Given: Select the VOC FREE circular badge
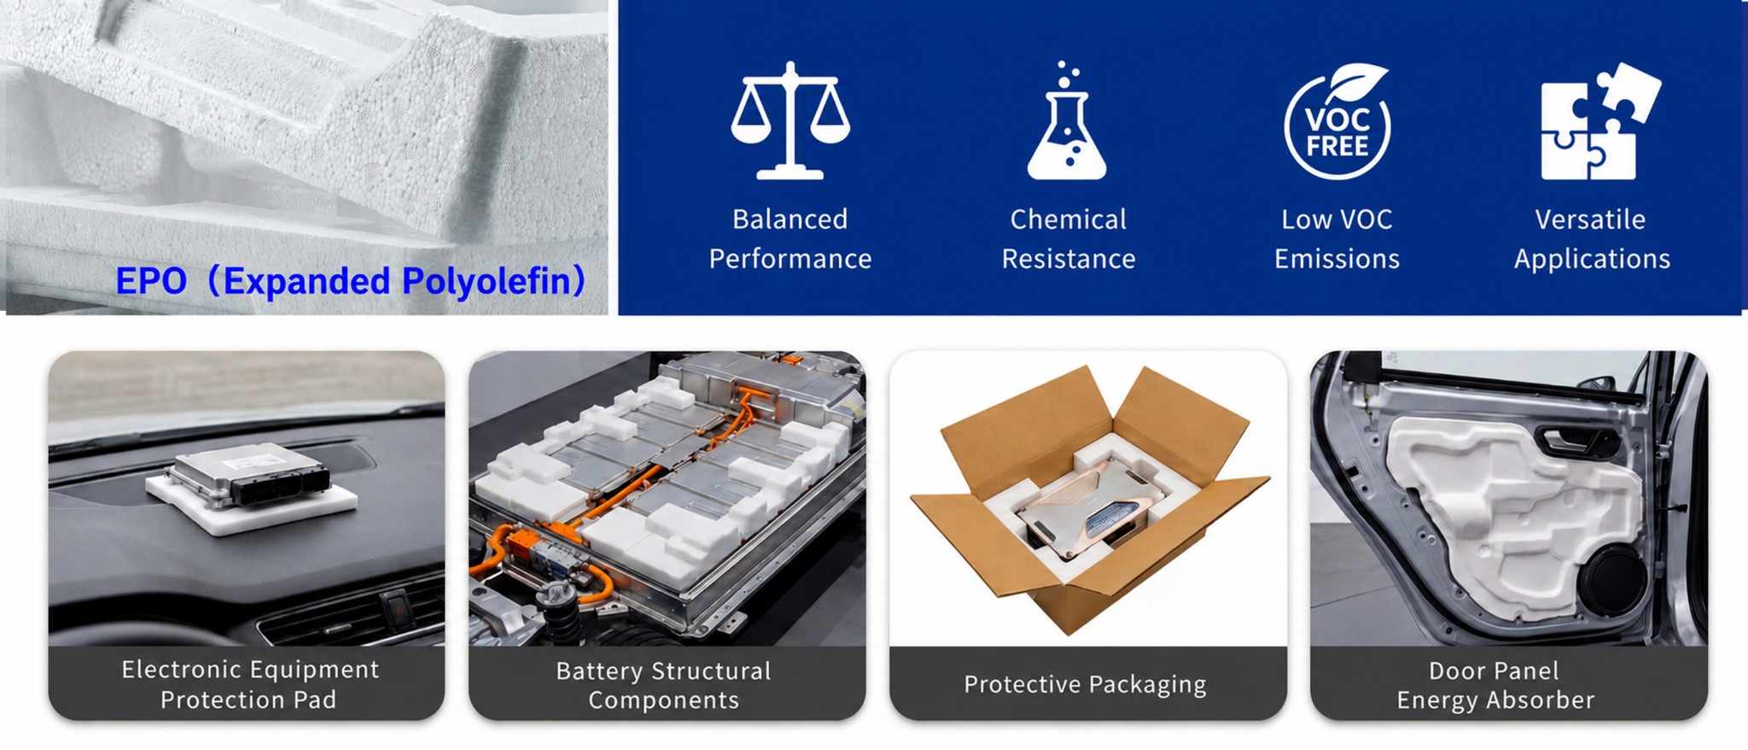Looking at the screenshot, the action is click(x=1337, y=121).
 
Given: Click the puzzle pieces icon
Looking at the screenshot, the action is click(x=1600, y=120).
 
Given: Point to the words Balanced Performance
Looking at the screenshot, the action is click(x=790, y=239).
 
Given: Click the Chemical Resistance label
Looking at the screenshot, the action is click(x=1069, y=239).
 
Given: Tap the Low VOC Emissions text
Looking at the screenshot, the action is click(x=1337, y=239).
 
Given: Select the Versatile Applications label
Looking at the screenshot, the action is click(x=1592, y=239).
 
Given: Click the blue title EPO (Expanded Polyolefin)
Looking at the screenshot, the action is click(x=351, y=281).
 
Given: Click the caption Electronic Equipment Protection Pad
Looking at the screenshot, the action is click(x=249, y=684).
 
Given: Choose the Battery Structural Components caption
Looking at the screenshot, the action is click(x=664, y=685).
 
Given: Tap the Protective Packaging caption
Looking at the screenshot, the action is click(x=1085, y=684).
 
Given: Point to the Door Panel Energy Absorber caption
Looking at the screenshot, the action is click(x=1495, y=685).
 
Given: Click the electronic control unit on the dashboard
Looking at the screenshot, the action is click(x=248, y=475).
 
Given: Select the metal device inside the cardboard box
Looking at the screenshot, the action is click(x=1093, y=501).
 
